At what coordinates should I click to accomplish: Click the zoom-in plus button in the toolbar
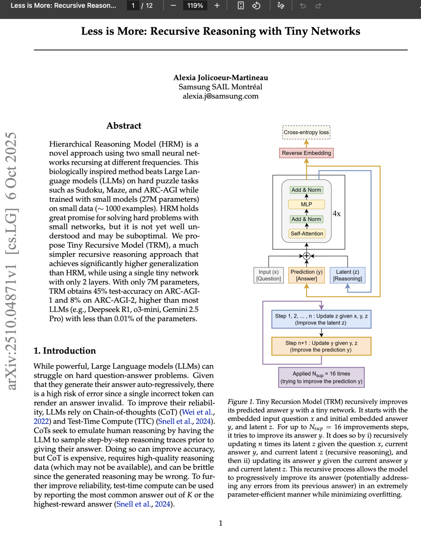point(217,5)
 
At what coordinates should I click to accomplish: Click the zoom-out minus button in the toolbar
point(173,5)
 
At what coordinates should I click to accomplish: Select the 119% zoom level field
point(195,5)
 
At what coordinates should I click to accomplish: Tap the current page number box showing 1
point(133,5)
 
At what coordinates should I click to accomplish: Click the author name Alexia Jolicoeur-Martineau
point(221,78)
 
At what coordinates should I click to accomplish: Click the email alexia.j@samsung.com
point(221,96)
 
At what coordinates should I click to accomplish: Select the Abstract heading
point(124,126)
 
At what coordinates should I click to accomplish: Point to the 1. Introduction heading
point(65,351)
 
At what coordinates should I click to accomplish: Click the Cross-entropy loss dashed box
point(306,132)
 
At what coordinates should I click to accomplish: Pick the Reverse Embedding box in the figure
point(306,153)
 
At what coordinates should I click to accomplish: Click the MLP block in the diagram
point(306,204)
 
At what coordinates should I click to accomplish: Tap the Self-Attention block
point(307,234)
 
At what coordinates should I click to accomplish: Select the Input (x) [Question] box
point(269,275)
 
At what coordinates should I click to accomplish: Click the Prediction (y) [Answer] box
point(306,275)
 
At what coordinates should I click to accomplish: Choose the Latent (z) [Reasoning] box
point(347,275)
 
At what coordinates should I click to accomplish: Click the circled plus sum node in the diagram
point(307,256)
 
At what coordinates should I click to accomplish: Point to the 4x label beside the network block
point(336,214)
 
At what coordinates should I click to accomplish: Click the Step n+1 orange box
point(321,346)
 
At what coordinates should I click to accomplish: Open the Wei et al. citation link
point(198,412)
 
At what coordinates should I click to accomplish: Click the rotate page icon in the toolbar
point(256,5)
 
